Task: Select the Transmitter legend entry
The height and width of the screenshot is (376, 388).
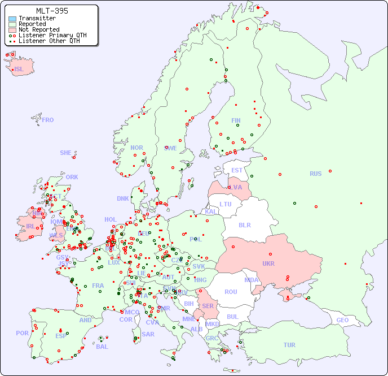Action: (37, 18)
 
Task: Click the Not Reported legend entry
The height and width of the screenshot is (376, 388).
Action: (38, 29)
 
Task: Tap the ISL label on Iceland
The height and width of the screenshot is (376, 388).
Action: (19, 70)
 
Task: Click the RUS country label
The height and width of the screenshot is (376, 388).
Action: (315, 174)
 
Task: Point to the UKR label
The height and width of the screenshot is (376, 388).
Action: (268, 264)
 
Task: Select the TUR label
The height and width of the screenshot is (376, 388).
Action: (289, 345)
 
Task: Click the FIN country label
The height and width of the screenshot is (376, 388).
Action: (236, 120)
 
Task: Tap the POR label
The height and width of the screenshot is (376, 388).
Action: (22, 333)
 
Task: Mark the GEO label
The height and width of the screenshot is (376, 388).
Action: (342, 320)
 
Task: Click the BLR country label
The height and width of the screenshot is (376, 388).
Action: (244, 224)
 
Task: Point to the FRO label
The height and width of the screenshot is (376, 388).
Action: (48, 120)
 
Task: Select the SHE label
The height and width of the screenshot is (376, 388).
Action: (66, 153)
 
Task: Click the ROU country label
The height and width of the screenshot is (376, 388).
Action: (231, 292)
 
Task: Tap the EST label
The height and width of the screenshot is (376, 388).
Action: (237, 170)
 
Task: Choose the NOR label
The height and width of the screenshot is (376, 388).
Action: (136, 148)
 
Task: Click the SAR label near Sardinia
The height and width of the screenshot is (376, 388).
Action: (148, 334)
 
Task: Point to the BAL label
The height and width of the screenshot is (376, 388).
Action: (102, 347)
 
